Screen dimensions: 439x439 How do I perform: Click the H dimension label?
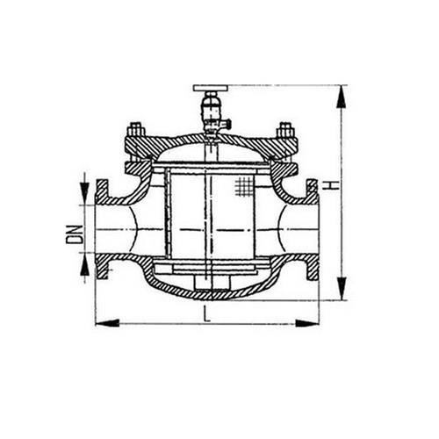click(x=331, y=185)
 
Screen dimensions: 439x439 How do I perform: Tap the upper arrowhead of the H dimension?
click(x=342, y=97)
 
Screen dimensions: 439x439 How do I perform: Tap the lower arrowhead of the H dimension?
click(x=342, y=288)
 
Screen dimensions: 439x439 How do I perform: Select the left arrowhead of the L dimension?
click(x=107, y=323)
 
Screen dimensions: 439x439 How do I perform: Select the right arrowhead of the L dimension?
click(x=307, y=323)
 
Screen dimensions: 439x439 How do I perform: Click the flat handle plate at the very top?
click(x=211, y=88)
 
